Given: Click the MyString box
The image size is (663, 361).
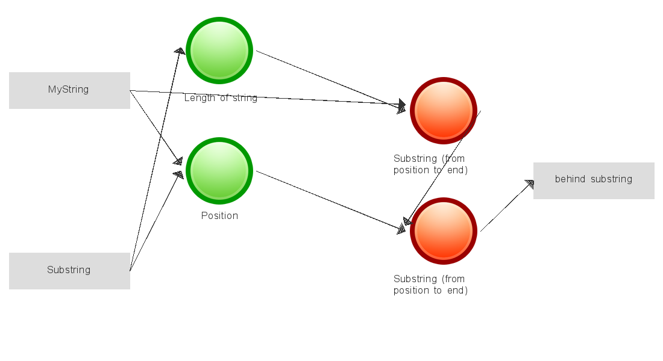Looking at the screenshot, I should (69, 90).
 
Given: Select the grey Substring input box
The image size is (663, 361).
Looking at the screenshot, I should (69, 271).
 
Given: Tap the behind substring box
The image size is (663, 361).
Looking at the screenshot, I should (594, 180).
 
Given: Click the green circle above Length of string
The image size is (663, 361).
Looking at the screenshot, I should (219, 51).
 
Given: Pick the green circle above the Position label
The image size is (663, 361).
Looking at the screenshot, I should (219, 171).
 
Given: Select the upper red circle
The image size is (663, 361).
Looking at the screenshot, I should (444, 111).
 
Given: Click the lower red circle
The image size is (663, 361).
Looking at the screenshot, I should (444, 231).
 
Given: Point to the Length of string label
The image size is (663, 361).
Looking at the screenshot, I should (221, 98).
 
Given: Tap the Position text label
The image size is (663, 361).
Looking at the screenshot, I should (219, 215).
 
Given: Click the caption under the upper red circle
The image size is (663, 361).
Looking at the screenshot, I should (430, 164).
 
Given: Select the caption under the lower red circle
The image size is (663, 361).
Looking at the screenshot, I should (430, 285).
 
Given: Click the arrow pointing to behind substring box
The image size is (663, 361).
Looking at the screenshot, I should (506, 206).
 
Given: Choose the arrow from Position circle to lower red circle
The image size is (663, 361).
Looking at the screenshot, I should (328, 200).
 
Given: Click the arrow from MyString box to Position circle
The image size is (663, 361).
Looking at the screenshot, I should (156, 126).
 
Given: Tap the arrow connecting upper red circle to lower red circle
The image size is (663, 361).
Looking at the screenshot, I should (443, 168).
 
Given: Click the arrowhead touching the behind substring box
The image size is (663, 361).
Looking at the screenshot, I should (529, 184).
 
